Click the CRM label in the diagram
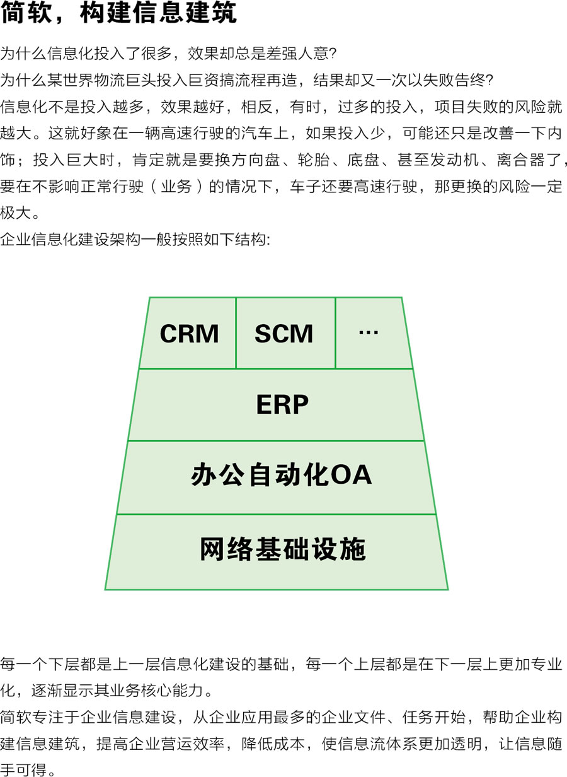click(189, 334)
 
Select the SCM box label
click(283, 334)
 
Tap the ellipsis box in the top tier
click(369, 332)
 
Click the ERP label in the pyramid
click(282, 405)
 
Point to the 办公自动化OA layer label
click(281, 476)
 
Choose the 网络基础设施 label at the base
click(282, 549)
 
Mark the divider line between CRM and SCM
click(236, 333)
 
